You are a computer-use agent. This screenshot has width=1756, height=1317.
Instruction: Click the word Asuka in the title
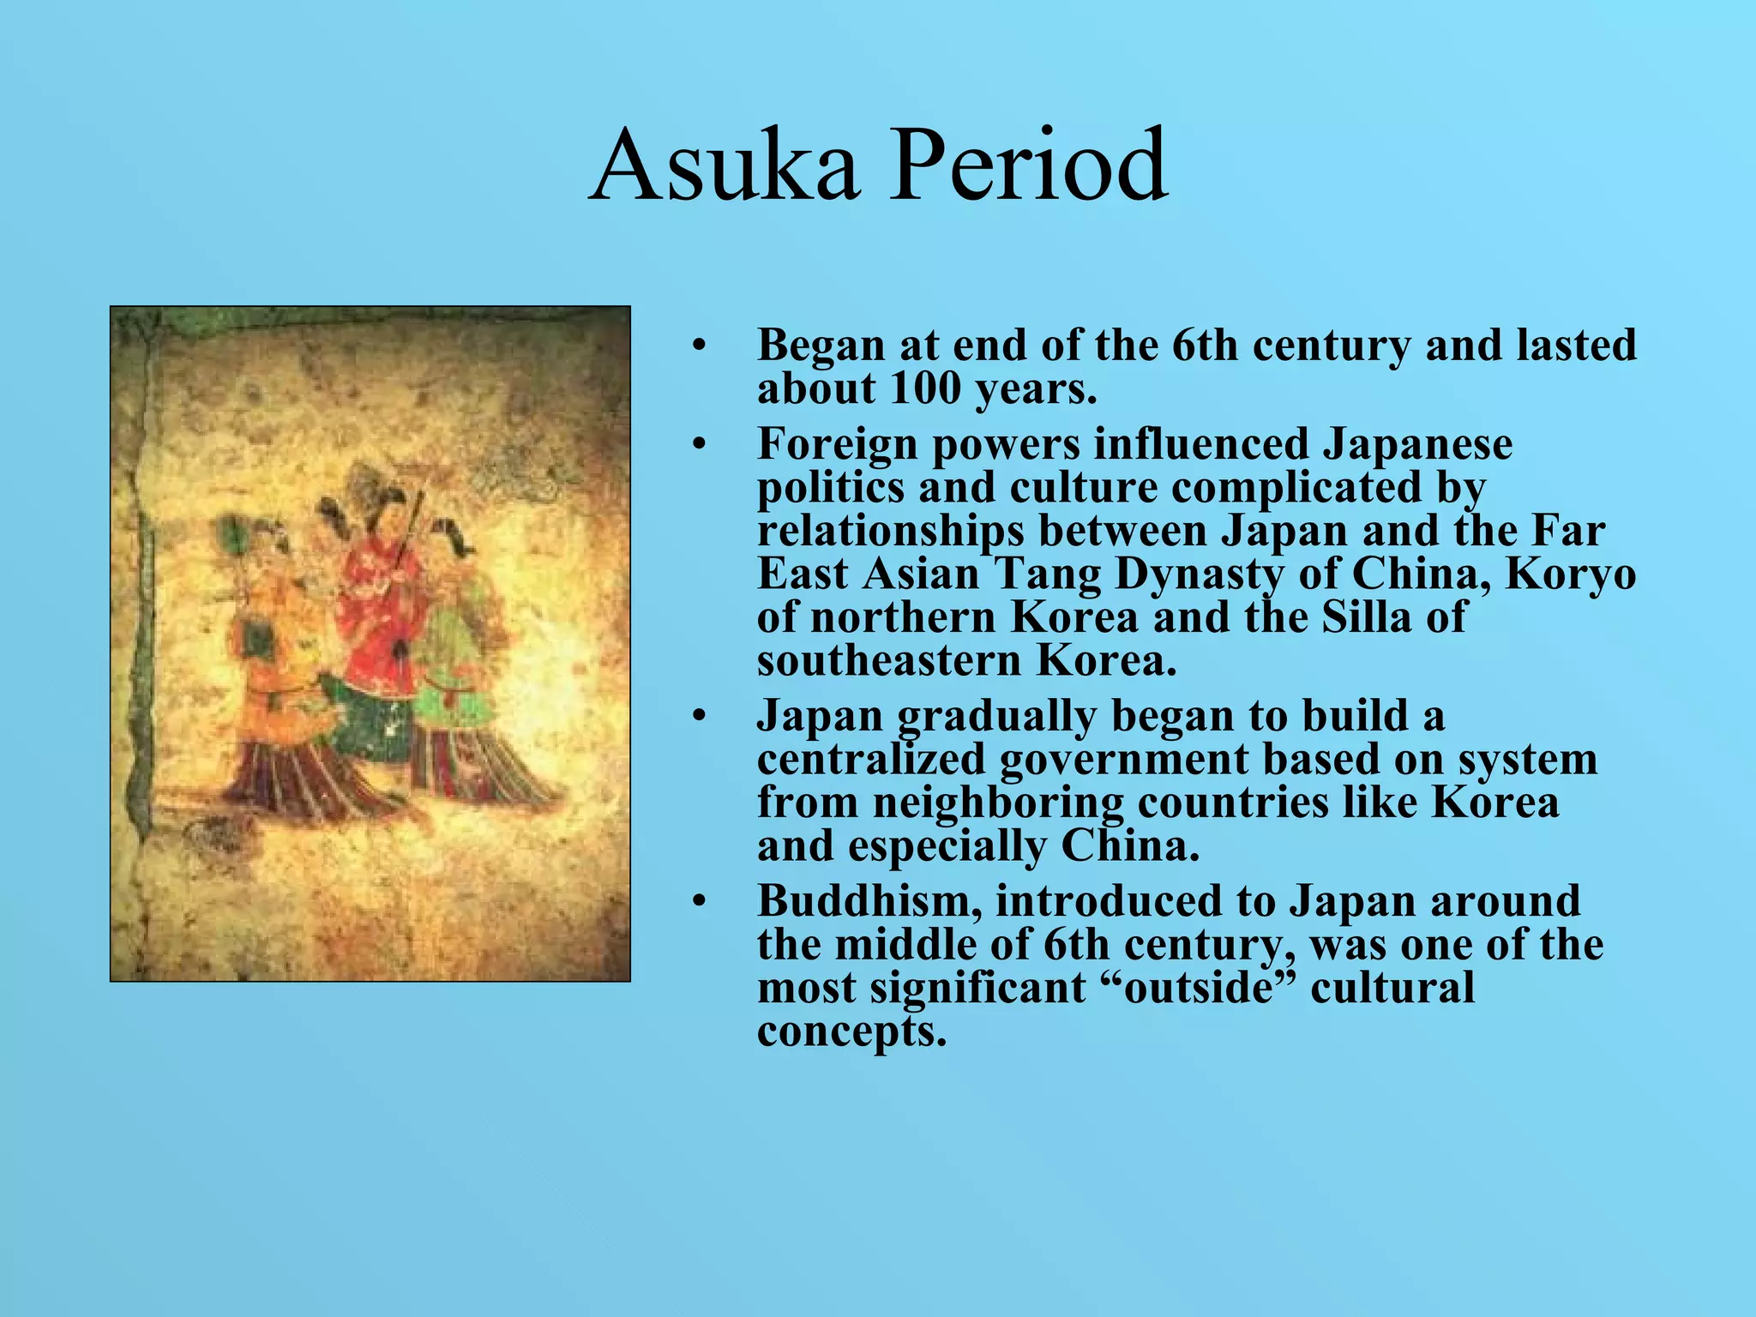(x=724, y=165)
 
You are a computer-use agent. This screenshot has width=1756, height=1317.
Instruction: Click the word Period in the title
(x=1028, y=165)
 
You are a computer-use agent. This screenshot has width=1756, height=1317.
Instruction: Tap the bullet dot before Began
(x=700, y=346)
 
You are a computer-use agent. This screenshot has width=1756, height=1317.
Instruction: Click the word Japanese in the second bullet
(x=1417, y=444)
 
